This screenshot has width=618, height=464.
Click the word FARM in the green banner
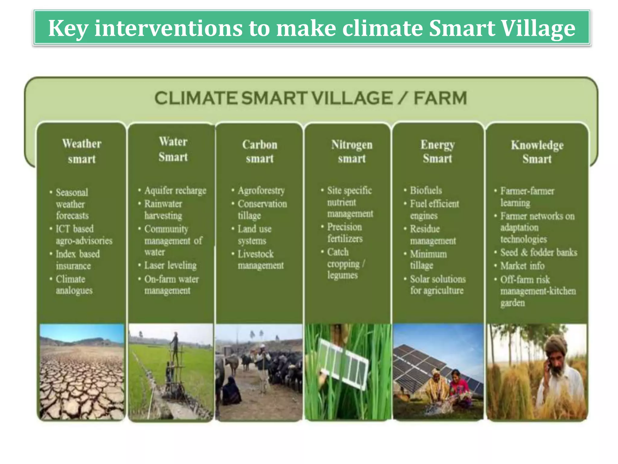[440, 98]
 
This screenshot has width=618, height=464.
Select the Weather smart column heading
[81, 151]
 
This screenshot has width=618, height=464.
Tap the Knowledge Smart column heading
[537, 152]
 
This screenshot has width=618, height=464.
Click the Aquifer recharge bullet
[175, 191]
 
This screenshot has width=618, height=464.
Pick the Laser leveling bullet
[170, 265]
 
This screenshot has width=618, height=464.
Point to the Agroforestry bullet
[261, 191]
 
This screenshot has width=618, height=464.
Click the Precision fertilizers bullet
[345, 233]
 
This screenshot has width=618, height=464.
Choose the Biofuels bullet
[426, 191]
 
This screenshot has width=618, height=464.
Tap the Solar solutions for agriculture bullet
[437, 285]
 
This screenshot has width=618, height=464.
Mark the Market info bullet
[522, 266]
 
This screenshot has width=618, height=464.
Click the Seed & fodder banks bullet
[538, 252]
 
